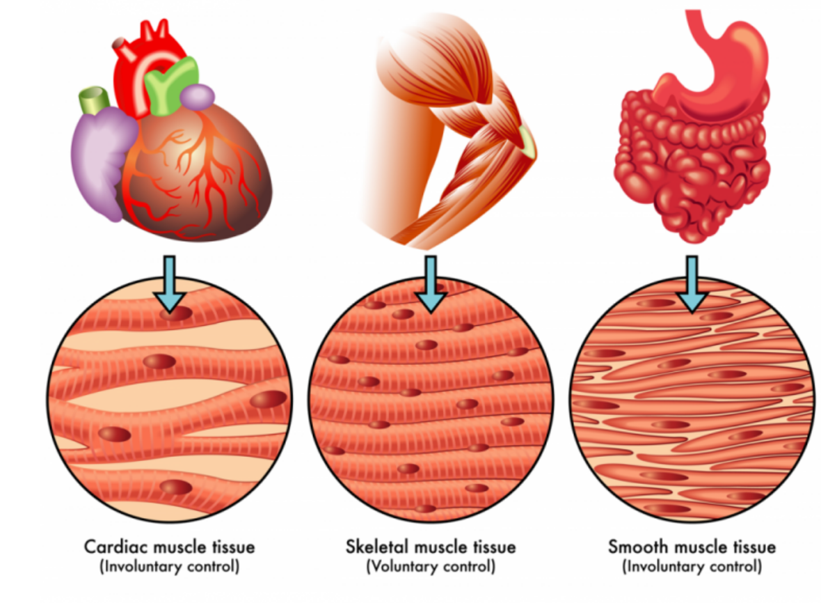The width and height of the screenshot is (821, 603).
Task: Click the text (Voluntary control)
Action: (431, 567)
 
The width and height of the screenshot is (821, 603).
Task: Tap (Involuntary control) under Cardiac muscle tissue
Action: (170, 567)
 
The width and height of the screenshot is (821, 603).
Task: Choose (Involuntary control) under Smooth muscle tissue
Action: (692, 567)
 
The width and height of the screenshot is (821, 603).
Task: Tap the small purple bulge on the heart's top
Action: (198, 97)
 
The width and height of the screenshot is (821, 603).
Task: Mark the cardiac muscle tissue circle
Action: (170, 400)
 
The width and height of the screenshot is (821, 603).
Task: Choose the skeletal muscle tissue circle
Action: (431, 400)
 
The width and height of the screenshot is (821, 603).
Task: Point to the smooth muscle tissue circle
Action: (692, 400)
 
